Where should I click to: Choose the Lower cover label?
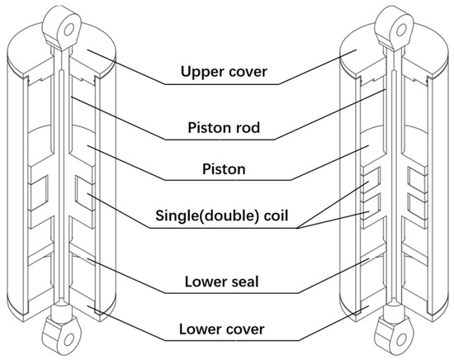[x=227, y=331]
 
